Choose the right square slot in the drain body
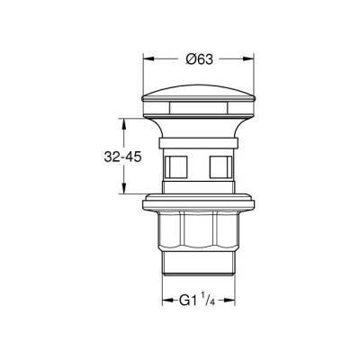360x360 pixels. [x=217, y=168]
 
